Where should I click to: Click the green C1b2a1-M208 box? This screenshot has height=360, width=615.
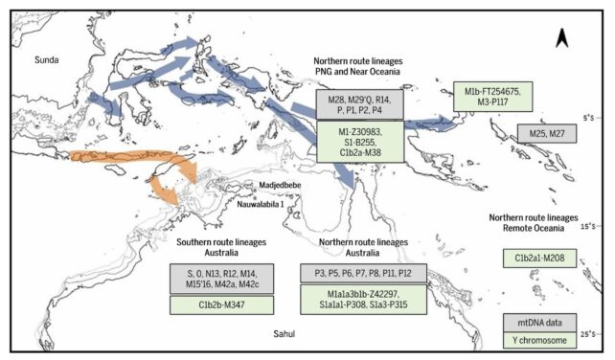click(x=545, y=259)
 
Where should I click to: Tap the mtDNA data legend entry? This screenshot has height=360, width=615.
click(x=544, y=323)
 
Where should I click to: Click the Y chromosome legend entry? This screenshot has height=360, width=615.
click(x=544, y=342)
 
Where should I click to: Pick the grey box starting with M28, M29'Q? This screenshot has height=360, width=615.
click(x=359, y=102)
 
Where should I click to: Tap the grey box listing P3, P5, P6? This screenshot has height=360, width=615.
click(x=363, y=273)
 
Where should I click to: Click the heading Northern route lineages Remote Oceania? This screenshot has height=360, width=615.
click(x=544, y=223)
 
